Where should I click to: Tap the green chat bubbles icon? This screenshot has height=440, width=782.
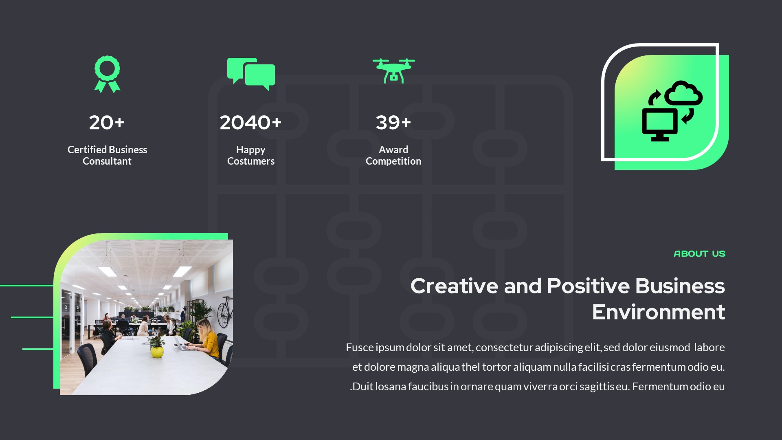tap(251, 73)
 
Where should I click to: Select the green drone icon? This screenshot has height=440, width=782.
tap(393, 71)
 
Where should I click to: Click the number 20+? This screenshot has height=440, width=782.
tap(107, 122)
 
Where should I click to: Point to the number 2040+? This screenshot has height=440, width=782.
tap(250, 122)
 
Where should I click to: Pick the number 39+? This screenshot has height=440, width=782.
tap(393, 122)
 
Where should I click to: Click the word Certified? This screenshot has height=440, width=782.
tap(84, 150)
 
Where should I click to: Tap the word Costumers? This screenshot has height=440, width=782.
tap(250, 161)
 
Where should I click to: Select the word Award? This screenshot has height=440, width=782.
tap(393, 150)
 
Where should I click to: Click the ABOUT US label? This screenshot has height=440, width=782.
tap(699, 254)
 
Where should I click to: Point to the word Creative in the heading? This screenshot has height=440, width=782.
tap(454, 286)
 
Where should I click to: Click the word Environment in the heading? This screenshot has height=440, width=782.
tap(658, 312)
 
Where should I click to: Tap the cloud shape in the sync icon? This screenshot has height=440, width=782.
tap(683, 94)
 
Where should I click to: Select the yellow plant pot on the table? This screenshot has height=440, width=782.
tap(157, 351)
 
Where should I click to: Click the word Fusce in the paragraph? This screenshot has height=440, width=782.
tap(360, 348)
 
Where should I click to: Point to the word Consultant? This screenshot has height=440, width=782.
tap(107, 161)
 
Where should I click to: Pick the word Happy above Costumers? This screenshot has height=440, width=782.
tap(250, 150)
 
